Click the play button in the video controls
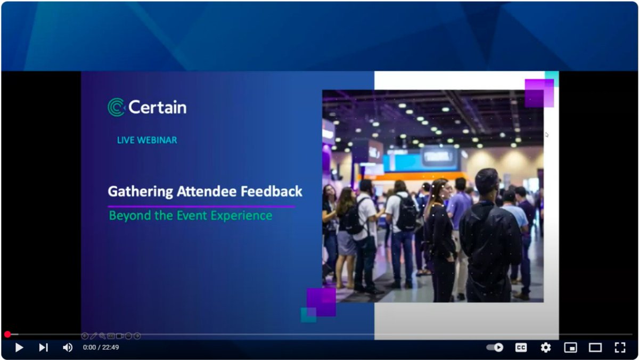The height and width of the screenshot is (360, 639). (19, 348)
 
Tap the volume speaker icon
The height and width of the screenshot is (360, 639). (68, 348)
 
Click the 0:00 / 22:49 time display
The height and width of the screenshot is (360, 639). (101, 348)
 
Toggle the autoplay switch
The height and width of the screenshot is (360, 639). (495, 348)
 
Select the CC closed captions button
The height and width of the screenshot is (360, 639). (521, 348)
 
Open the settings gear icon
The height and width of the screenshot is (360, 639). (545, 348)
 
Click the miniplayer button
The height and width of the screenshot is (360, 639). (570, 348)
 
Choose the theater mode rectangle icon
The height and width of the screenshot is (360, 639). (595, 348)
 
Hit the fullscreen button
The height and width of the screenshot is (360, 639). (620, 348)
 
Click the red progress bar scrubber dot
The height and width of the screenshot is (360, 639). (7, 334)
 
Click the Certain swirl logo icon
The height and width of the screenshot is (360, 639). (116, 107)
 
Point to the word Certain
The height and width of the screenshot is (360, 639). (158, 108)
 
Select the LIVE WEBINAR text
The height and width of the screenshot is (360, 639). (147, 140)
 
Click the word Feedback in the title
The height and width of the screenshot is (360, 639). (272, 191)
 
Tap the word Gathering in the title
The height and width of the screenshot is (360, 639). (133, 192)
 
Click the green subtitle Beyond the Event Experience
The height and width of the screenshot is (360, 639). (191, 216)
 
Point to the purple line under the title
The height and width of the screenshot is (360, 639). (201, 206)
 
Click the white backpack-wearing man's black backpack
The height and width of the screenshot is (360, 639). (407, 212)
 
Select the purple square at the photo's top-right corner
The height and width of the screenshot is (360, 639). (539, 93)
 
